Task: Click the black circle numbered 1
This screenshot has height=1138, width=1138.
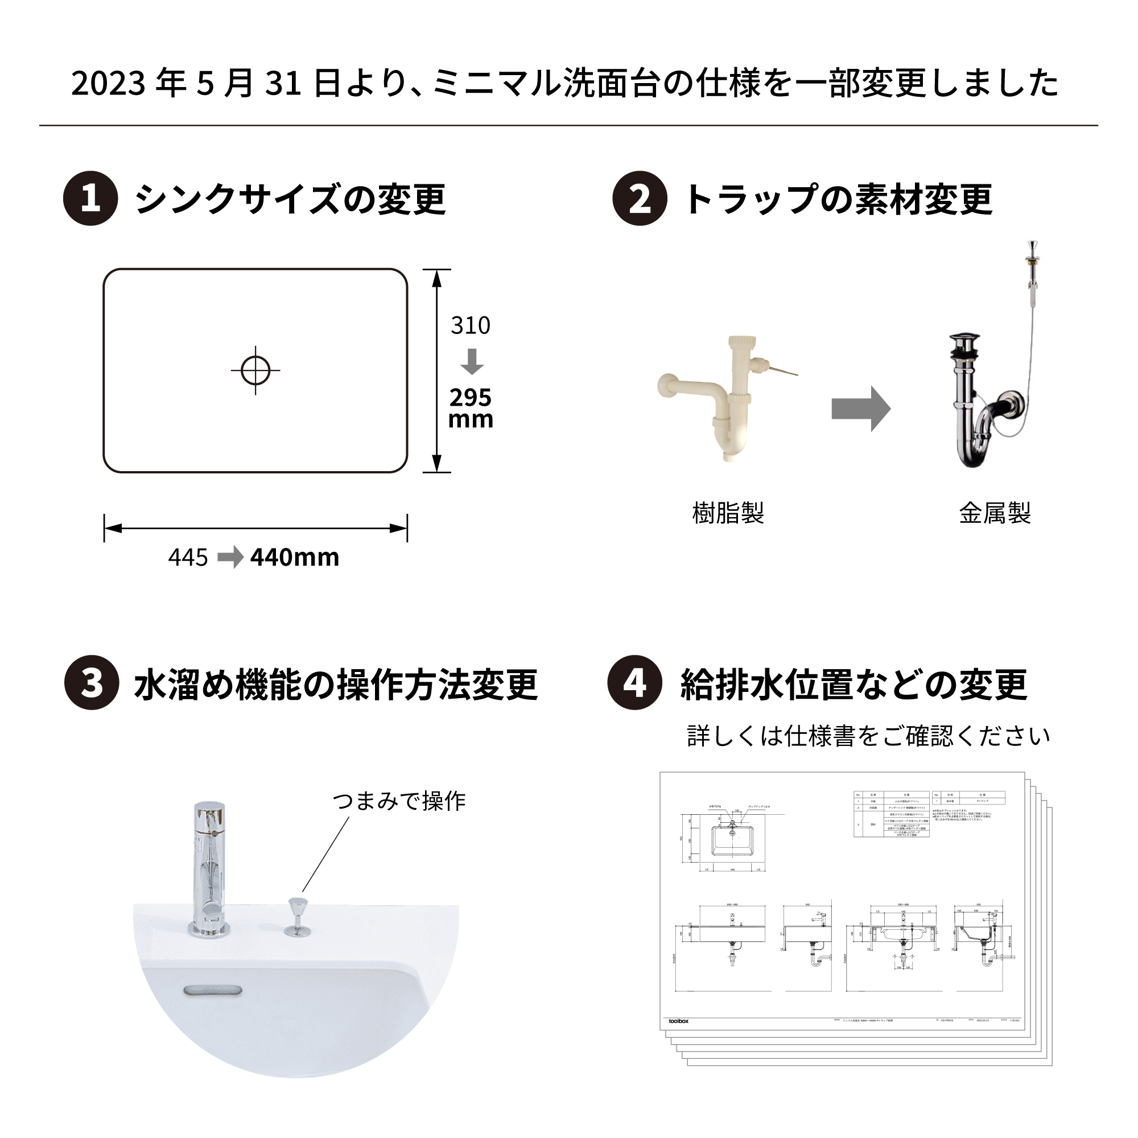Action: [90, 199]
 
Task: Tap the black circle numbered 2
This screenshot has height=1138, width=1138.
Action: [640, 199]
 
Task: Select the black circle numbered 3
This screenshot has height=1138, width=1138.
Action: [91, 683]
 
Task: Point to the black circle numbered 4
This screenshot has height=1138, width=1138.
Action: [634, 683]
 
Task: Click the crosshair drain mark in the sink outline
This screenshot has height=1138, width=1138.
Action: [255, 370]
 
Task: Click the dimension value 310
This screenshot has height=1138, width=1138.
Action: [470, 325]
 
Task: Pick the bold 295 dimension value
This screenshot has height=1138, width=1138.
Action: [470, 398]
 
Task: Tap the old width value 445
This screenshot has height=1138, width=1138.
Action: [188, 557]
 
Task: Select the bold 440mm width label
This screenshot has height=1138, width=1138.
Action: [295, 557]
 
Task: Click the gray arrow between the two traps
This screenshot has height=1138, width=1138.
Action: [860, 409]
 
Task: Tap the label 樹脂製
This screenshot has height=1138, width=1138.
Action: [728, 513]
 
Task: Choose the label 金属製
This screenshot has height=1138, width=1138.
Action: [995, 513]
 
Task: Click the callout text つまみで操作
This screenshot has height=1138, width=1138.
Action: [399, 801]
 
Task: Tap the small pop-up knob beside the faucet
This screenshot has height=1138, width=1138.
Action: [298, 917]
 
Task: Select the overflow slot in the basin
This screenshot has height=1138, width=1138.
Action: [213, 991]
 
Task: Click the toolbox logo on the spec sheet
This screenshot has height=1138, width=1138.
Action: [678, 1021]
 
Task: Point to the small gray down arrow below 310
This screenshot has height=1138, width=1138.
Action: [472, 361]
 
